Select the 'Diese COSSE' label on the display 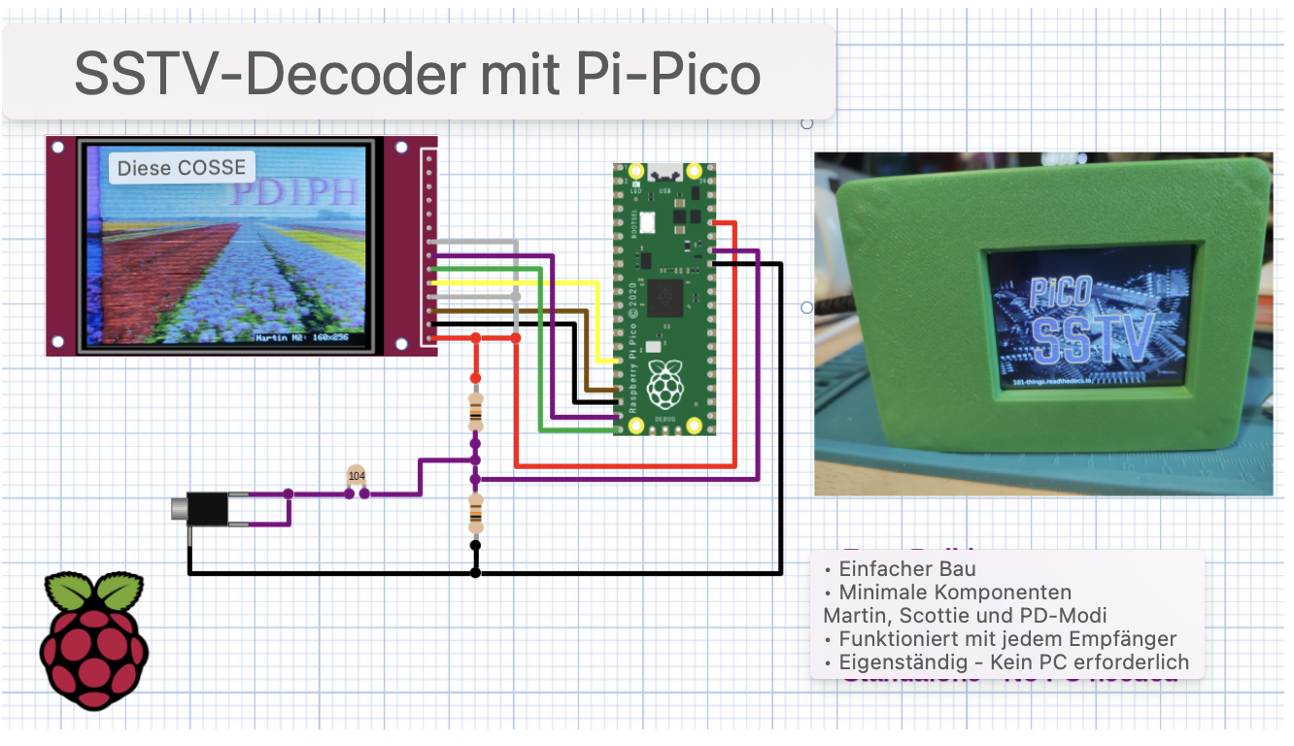(182, 167)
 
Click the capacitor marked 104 (357, 476)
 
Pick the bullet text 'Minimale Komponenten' (955, 593)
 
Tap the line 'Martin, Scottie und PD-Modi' (965, 616)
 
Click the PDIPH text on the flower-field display (293, 192)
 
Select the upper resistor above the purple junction (475, 411)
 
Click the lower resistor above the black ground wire (475, 512)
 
